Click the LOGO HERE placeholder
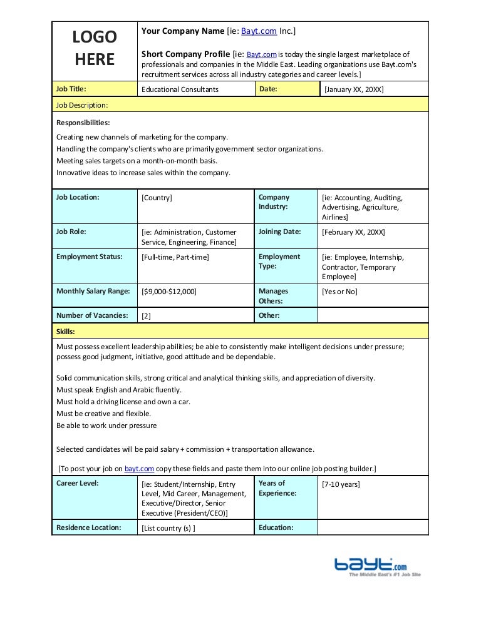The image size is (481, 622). tap(94, 49)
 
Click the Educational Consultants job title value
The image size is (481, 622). tap(180, 89)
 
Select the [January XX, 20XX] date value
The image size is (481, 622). tap(353, 89)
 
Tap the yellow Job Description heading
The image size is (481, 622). tap(82, 105)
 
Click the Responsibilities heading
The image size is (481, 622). tap(83, 123)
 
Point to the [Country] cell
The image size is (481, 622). tap(157, 198)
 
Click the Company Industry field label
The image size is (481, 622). tap(274, 201)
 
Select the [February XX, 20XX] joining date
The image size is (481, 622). tap(353, 232)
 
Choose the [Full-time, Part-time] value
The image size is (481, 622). tap(175, 257)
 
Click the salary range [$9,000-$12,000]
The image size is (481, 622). tap(169, 292)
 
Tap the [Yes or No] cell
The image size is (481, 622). tap(339, 292)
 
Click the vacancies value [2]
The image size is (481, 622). tap(147, 316)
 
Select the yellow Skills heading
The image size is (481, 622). tap(66, 331)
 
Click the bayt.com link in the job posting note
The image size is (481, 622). tap(138, 468)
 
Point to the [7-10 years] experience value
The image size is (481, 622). tap(341, 484)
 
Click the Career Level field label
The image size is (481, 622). tap(78, 483)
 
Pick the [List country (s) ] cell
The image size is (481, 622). tap(168, 528)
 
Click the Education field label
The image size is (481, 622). tap(276, 528)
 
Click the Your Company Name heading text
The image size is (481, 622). tap(183, 31)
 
